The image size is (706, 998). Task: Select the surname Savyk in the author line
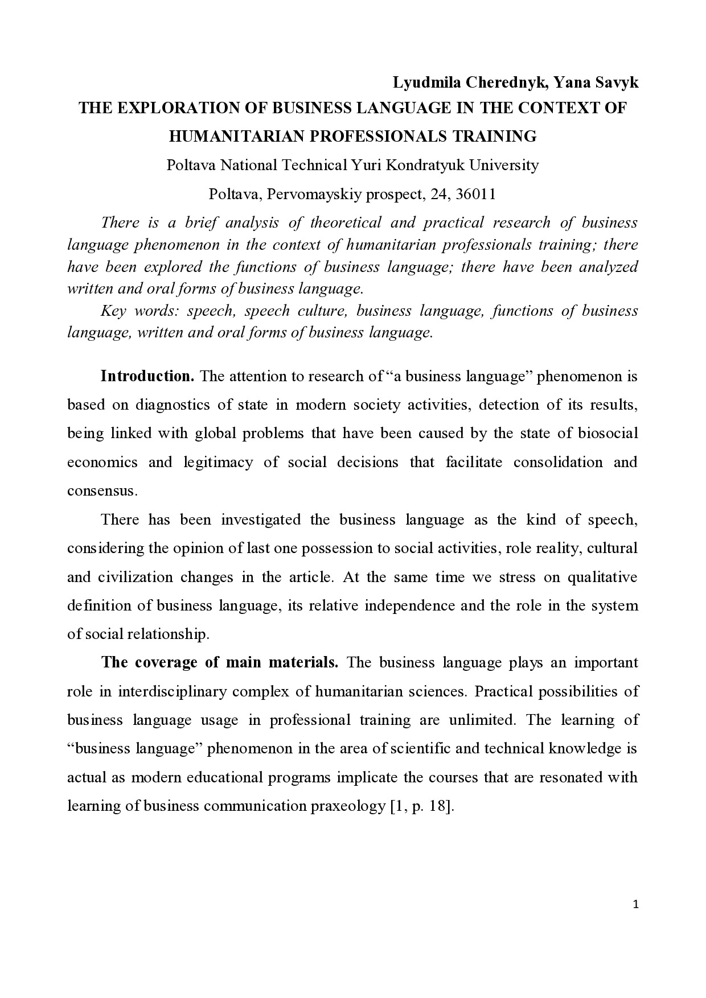618,83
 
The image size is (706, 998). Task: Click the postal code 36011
476,194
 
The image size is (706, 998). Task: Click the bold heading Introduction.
147,376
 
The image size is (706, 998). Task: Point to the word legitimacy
217,462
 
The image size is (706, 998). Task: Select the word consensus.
102,490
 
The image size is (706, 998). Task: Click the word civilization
135,577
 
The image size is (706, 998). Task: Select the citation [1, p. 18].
422,806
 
